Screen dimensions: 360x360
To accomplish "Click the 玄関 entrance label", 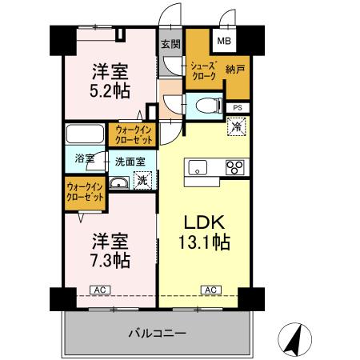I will coord(169,45).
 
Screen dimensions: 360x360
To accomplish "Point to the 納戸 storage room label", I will coord(235,70).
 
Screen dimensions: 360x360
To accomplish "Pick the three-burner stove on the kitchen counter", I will coord(235,166).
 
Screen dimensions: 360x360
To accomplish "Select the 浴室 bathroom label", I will coord(85,158).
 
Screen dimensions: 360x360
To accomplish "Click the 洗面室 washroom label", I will coord(129,161).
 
